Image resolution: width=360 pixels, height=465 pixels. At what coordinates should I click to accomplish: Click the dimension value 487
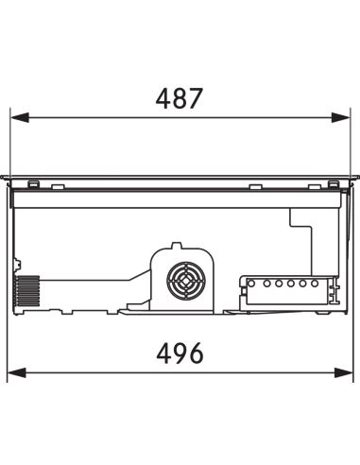[179, 98]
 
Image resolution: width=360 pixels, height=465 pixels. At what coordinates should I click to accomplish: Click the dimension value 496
[180, 353]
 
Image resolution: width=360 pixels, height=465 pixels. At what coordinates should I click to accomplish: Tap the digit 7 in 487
[194, 98]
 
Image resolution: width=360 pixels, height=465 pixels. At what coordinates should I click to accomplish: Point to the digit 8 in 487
[179, 98]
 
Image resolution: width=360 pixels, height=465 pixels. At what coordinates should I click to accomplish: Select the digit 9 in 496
[180, 353]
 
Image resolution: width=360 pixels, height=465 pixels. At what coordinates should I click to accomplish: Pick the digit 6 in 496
[196, 353]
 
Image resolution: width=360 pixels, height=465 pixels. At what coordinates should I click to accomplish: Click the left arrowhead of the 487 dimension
[20, 117]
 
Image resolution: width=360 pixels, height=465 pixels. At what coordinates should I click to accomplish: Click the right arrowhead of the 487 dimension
[341, 117]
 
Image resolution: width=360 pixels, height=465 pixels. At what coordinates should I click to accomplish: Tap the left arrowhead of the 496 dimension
[17, 372]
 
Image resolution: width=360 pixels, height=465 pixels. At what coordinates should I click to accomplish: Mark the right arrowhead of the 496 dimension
[344, 372]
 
